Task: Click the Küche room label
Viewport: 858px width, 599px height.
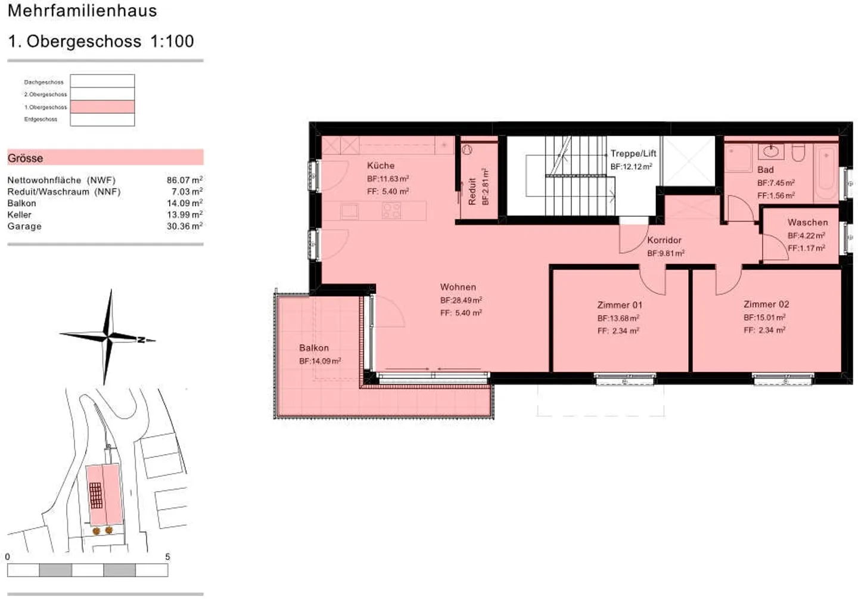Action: pos(380,166)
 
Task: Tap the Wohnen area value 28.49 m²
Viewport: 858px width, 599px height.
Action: pos(461,300)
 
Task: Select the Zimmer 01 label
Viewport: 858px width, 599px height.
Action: pos(620,305)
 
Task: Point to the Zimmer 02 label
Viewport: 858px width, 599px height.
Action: pos(766,305)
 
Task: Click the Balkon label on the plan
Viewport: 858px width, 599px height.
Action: pos(313,348)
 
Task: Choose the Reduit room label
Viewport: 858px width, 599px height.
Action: pos(472,191)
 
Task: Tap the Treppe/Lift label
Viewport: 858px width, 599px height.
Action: pos(633,154)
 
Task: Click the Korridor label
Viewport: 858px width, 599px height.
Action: pos(664,240)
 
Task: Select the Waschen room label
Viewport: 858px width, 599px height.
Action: pos(807,222)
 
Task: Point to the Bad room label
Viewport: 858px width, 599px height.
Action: pos(765,170)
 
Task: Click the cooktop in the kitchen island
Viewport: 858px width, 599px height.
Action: pos(391,210)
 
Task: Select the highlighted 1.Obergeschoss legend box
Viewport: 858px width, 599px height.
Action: pos(102,107)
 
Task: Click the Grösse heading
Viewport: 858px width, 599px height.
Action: pos(25,158)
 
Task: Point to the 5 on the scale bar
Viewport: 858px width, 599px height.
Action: pos(167,557)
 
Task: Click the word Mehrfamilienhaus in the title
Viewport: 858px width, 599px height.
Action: pos(82,11)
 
